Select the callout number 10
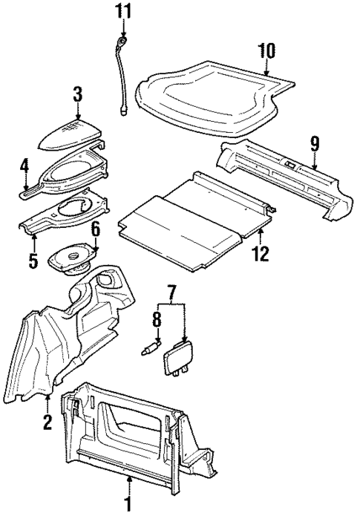[x=267, y=50]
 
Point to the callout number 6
[x=95, y=229]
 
